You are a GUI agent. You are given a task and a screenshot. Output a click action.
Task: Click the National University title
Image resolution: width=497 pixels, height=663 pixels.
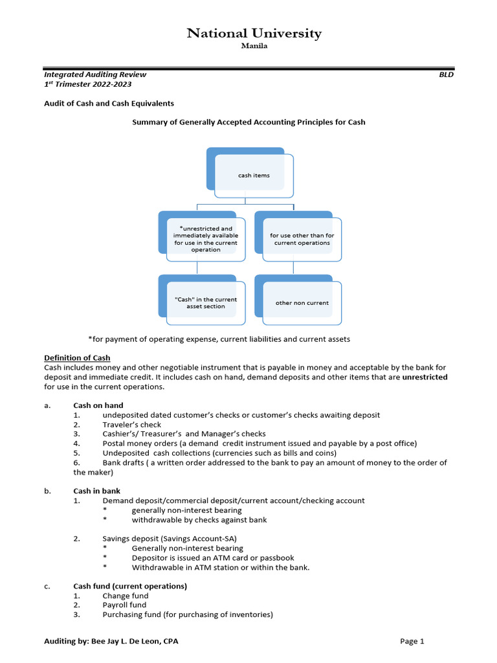(x=254, y=34)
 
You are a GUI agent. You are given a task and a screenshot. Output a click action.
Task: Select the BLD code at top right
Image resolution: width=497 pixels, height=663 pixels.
(x=446, y=74)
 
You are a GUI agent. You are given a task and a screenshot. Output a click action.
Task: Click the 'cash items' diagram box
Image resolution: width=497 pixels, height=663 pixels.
(x=253, y=175)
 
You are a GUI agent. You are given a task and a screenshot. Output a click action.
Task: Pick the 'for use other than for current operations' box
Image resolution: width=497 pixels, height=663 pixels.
(x=302, y=240)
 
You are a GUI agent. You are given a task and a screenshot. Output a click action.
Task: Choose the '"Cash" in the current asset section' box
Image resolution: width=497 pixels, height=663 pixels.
(x=206, y=303)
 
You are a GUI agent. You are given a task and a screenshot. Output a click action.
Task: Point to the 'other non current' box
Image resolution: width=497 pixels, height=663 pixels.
(x=302, y=303)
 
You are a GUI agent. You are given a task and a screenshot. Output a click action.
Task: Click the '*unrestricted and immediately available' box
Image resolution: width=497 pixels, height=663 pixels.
(x=206, y=239)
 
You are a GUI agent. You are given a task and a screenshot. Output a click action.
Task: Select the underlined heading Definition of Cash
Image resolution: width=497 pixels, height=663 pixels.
(x=77, y=357)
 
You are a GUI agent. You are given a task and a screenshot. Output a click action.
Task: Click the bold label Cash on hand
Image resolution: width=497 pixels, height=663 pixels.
(x=98, y=405)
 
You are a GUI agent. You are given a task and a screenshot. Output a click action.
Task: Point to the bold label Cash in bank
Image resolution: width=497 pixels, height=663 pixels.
(x=96, y=491)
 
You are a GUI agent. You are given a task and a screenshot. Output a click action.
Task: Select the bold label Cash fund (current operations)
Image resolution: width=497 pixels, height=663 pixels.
(x=130, y=586)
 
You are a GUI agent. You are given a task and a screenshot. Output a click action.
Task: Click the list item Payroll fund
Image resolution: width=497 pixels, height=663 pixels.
(x=120, y=605)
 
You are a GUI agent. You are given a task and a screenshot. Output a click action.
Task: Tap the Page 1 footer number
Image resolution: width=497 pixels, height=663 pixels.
(x=412, y=641)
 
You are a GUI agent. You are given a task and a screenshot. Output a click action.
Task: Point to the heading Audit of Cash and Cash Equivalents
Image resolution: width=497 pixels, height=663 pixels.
(x=109, y=103)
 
